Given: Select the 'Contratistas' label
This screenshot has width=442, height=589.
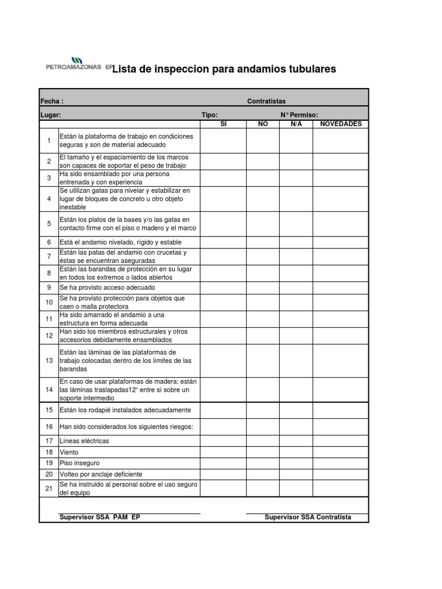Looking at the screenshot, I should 266,101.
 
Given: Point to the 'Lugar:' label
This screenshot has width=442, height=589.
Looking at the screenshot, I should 51,115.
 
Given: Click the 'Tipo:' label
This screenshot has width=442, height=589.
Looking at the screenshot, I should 209,115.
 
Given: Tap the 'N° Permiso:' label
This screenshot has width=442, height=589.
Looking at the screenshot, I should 299,115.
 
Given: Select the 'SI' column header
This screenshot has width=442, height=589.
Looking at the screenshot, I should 224,124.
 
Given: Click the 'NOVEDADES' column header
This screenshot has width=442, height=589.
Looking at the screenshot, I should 341,124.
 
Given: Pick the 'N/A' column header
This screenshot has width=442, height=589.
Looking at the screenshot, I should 296,124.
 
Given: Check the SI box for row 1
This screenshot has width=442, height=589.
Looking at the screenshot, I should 224,140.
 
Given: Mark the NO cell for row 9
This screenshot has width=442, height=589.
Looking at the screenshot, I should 264,288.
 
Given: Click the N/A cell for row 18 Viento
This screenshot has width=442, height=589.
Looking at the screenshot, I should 296,452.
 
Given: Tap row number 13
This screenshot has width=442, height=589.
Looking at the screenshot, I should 49,361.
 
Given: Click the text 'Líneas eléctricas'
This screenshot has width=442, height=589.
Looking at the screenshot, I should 84,441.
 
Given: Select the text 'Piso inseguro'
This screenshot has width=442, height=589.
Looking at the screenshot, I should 79,463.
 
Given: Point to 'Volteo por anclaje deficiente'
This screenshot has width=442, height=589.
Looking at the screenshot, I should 101,475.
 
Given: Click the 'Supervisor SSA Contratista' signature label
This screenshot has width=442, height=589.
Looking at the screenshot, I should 307,517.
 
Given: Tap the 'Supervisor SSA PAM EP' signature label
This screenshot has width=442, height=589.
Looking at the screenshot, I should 100,517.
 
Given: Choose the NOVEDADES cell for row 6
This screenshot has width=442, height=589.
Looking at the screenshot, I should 341,242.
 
